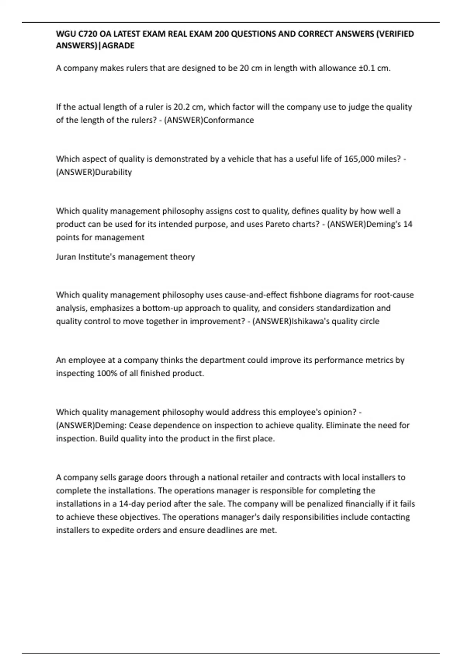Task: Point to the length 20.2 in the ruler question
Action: coord(182,107)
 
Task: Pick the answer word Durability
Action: coord(113,172)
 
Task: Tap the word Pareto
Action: coord(278,224)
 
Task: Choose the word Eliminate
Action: coord(343,425)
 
